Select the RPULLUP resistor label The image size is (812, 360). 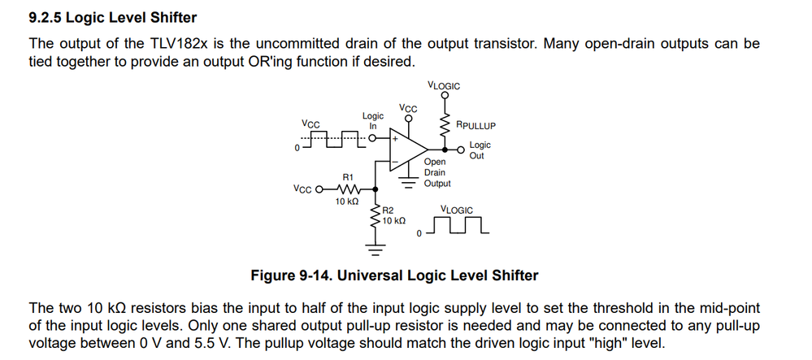click(x=475, y=126)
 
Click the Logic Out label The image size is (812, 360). click(x=480, y=150)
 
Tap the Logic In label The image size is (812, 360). click(x=373, y=121)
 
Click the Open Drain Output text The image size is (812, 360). click(x=437, y=172)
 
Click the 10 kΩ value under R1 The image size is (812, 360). click(x=347, y=202)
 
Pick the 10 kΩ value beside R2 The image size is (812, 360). click(x=394, y=221)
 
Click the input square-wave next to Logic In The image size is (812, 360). click(x=332, y=140)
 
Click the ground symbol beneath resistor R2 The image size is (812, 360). click(x=375, y=245)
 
